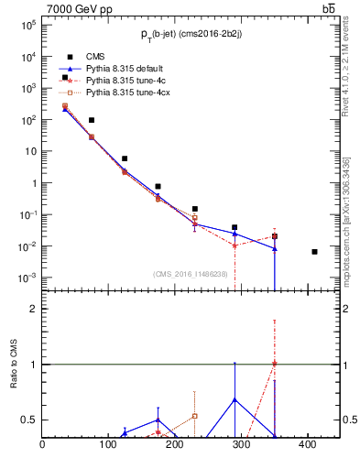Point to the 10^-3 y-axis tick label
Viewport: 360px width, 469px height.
pyautogui.click(x=28, y=278)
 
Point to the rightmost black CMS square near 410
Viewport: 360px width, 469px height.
pyautogui.click(x=314, y=251)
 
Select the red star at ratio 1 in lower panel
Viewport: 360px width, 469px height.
pyautogui.click(x=275, y=364)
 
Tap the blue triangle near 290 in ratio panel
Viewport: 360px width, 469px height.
pyautogui.click(x=235, y=399)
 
